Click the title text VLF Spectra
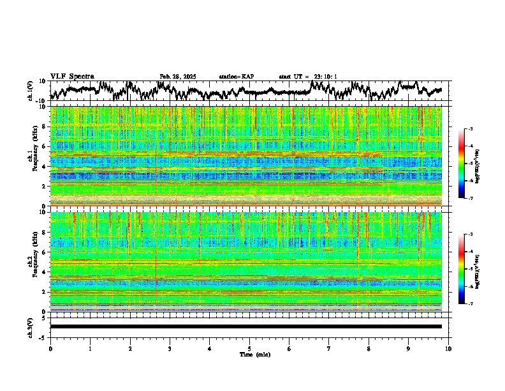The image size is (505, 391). pyautogui.click(x=72, y=77)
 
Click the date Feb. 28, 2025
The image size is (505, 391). pyautogui.click(x=178, y=77)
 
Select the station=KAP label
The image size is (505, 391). pyautogui.click(x=237, y=77)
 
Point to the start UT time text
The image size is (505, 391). pyautogui.click(x=308, y=77)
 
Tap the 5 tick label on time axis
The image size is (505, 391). pyautogui.click(x=249, y=348)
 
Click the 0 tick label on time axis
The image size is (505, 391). pyautogui.click(x=50, y=348)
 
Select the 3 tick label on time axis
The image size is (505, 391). pyautogui.click(x=170, y=348)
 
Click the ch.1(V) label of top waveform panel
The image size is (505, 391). pyautogui.click(x=31, y=91)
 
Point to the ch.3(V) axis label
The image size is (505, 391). pyautogui.click(x=31, y=326)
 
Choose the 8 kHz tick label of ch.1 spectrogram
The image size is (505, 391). pyautogui.click(x=44, y=126)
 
